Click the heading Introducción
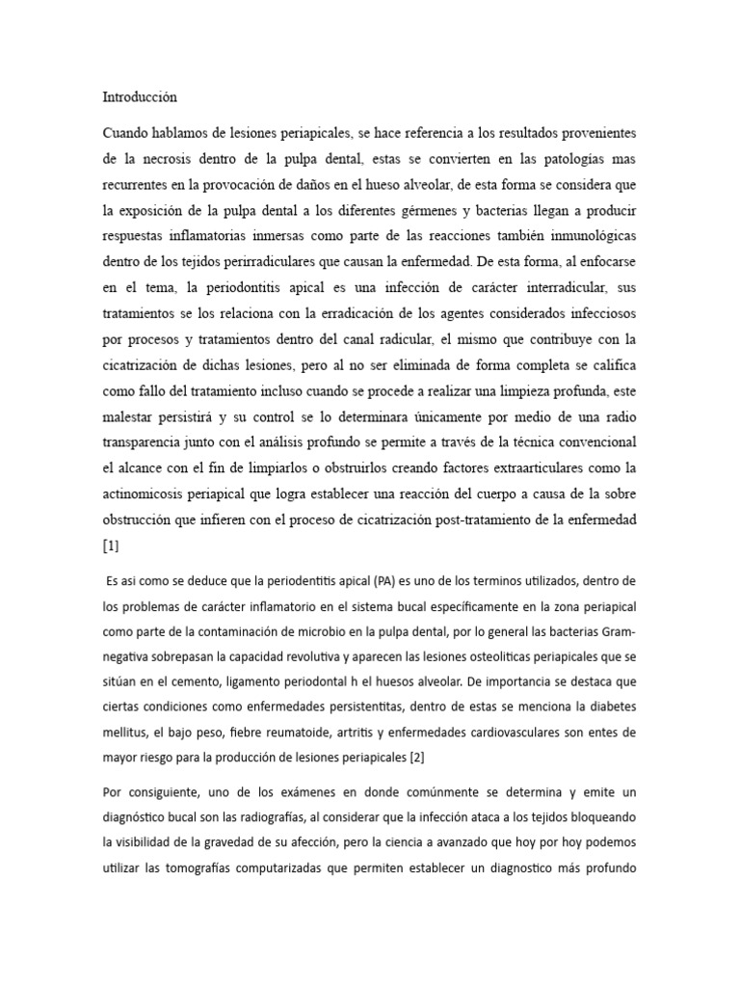coord(140,97)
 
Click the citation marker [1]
coord(110,546)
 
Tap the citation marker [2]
coord(416,757)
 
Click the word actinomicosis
coord(155,493)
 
